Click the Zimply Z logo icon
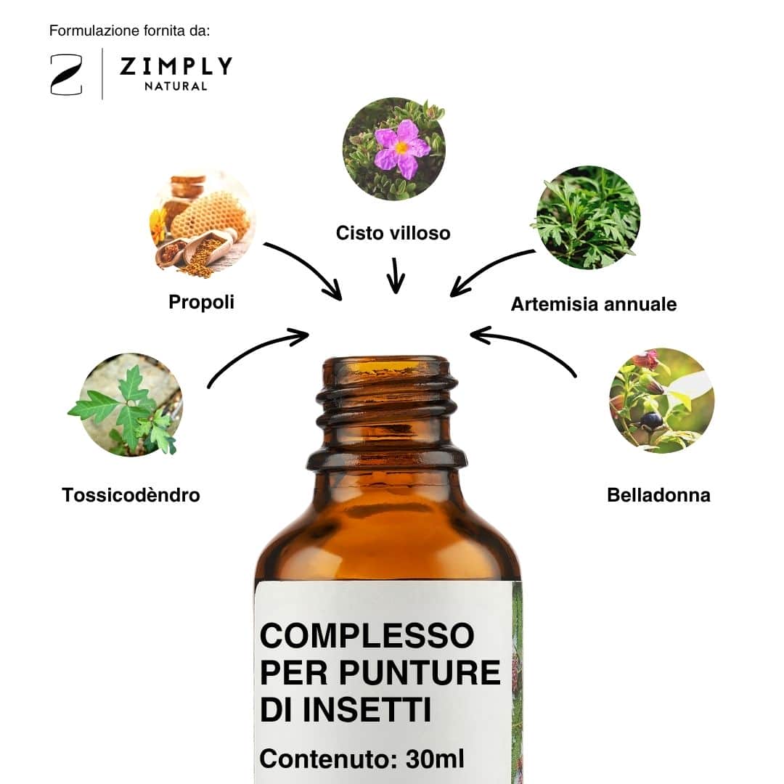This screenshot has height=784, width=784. [66, 75]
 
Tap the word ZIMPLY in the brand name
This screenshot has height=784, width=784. [176, 66]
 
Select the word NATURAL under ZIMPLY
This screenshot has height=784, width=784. [176, 86]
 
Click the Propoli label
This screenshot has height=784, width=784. [202, 303]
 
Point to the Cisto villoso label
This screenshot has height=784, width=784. [393, 233]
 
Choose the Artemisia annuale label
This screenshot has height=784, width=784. [594, 304]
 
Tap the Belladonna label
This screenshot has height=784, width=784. [658, 495]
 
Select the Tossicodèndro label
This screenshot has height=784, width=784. [131, 495]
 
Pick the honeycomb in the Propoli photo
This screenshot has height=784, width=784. [209, 216]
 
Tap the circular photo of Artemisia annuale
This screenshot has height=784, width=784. [588, 218]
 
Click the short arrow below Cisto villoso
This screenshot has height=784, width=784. [396, 276]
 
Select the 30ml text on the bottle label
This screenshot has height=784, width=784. [435, 759]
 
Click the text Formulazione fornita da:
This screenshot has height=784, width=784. [129, 31]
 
